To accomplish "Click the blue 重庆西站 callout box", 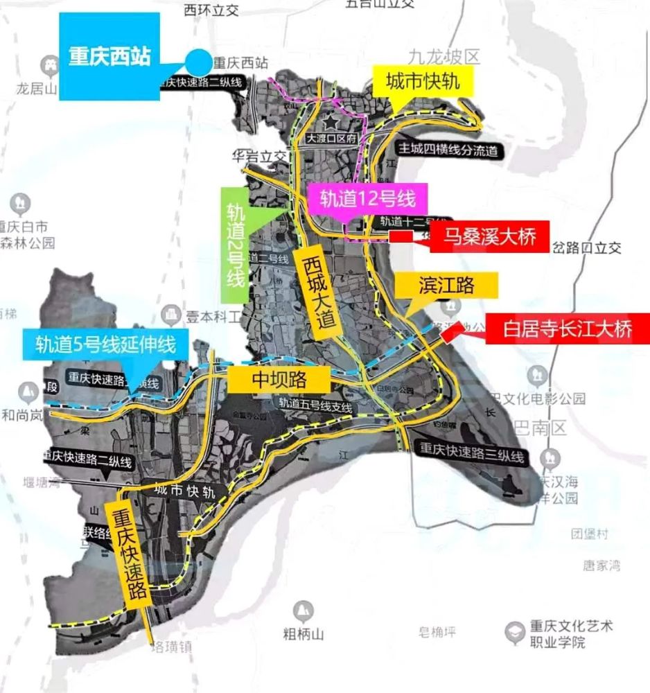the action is pyautogui.click(x=109, y=57).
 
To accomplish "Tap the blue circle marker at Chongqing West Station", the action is pyautogui.click(x=199, y=62).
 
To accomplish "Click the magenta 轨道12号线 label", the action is pyautogui.click(x=367, y=199).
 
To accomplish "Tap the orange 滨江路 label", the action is pyautogui.click(x=446, y=285).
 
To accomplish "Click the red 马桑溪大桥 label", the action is pyautogui.click(x=489, y=237).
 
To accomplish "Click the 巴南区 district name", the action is pyautogui.click(x=541, y=427).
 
